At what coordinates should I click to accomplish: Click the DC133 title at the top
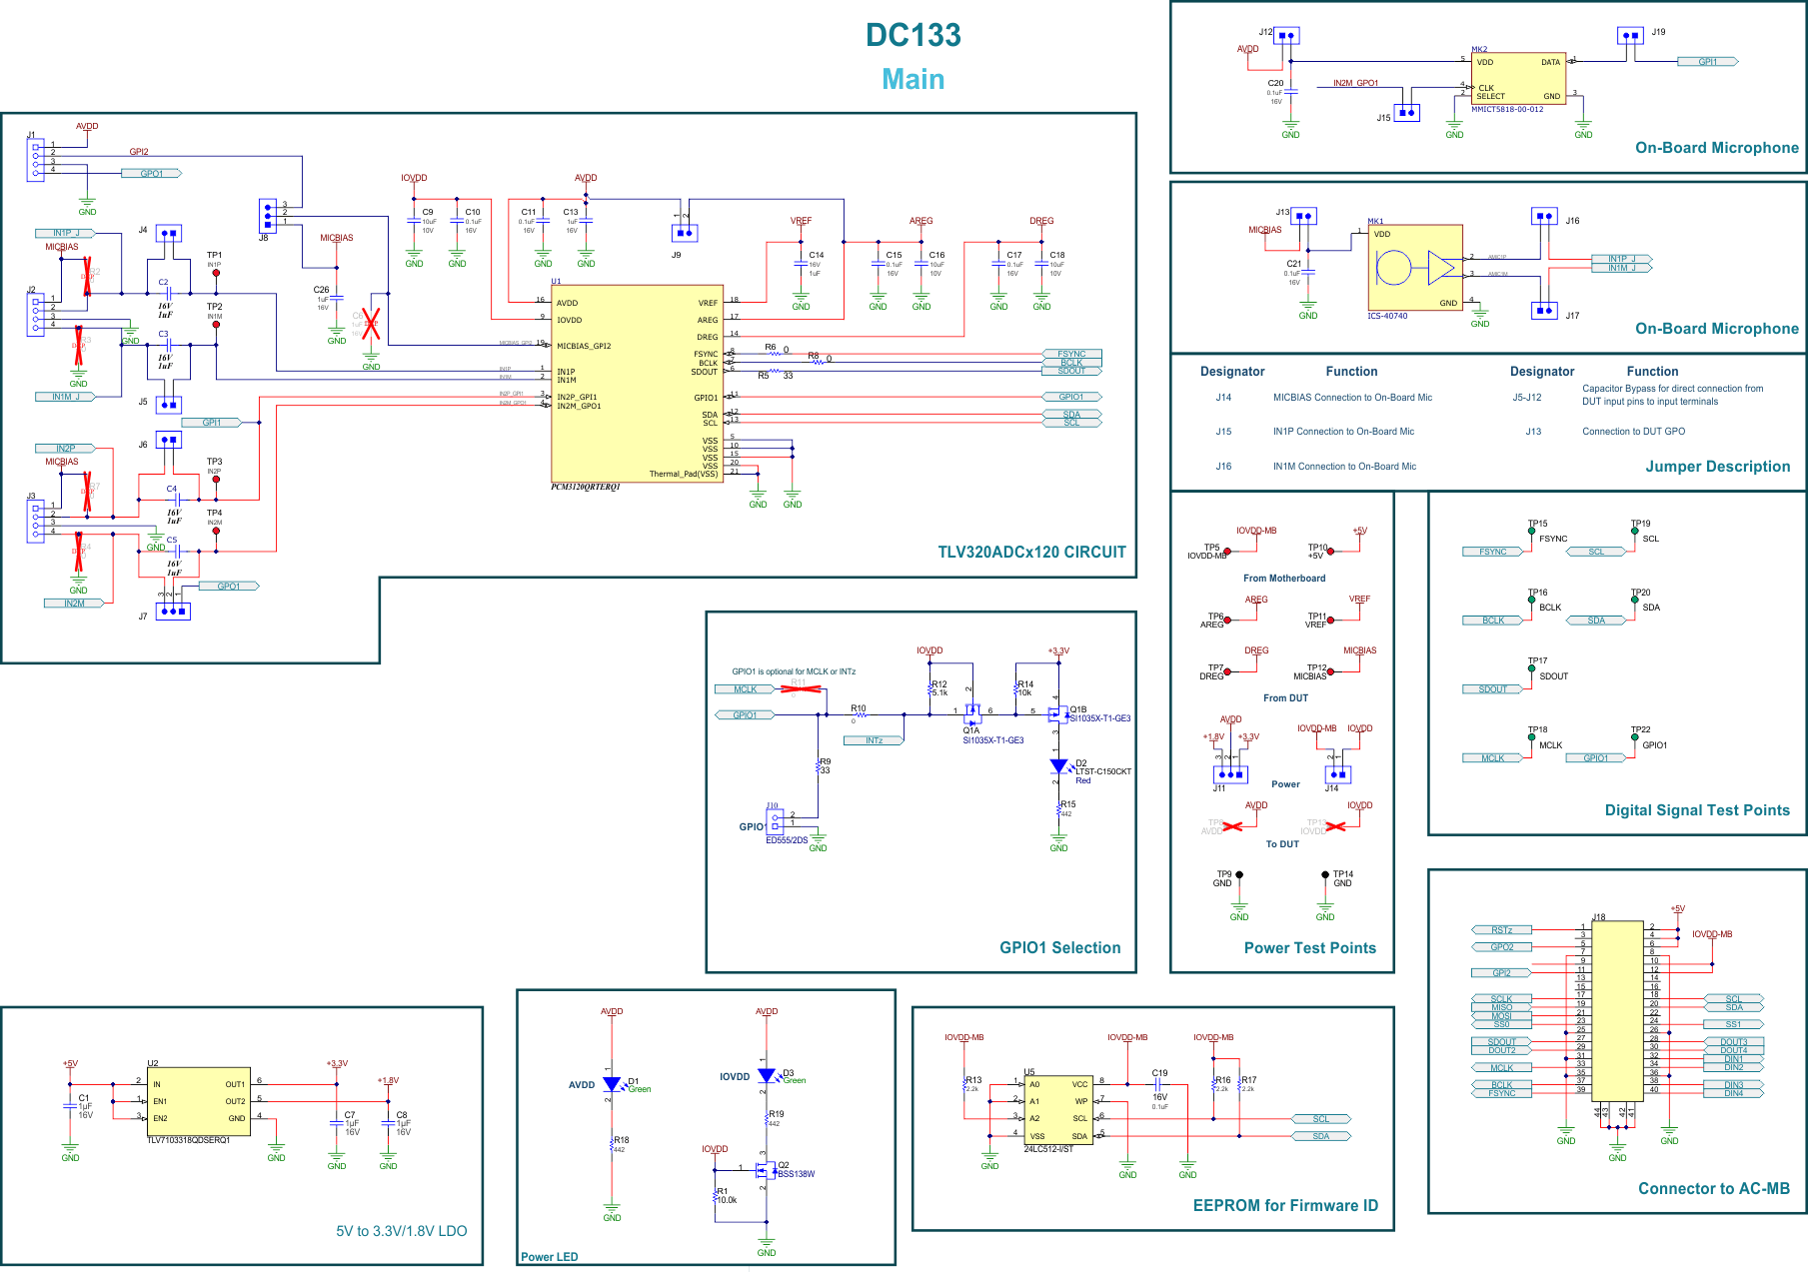(x=912, y=35)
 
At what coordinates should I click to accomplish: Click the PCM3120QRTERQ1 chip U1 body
(x=637, y=384)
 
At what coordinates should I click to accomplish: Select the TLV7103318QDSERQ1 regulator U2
(x=198, y=1101)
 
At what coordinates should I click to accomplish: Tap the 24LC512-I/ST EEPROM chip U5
(x=1057, y=1110)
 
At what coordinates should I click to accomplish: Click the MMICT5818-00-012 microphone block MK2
(x=1517, y=79)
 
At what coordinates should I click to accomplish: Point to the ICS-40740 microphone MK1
(x=1414, y=268)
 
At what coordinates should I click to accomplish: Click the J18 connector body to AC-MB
(x=1617, y=1009)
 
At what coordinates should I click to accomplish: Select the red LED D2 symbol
(x=1058, y=766)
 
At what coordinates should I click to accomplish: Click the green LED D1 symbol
(x=612, y=1084)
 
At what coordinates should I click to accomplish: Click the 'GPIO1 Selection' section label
(x=1059, y=947)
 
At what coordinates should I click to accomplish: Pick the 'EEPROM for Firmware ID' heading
(x=1284, y=1205)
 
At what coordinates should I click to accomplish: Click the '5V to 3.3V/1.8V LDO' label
(x=401, y=1231)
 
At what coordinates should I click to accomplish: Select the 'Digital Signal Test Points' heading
(x=1696, y=810)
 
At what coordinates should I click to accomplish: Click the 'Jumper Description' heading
(x=1717, y=467)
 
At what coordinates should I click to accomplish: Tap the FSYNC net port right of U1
(x=1070, y=354)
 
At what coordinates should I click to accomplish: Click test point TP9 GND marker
(x=1239, y=875)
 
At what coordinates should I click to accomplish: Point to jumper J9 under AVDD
(x=685, y=234)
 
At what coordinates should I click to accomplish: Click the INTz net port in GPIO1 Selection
(x=874, y=740)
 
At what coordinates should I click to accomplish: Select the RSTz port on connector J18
(x=1501, y=930)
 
